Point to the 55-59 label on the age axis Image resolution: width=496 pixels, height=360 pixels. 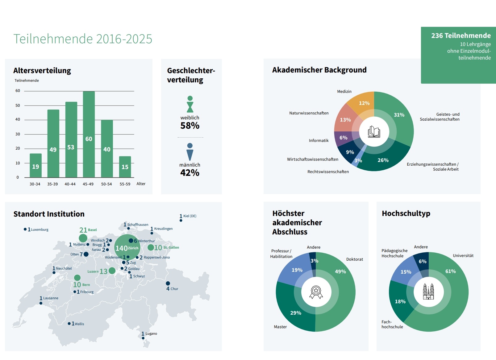pyautogui.click(x=125, y=184)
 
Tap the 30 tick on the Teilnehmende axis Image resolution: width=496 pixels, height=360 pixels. pyautogui.click(x=18, y=134)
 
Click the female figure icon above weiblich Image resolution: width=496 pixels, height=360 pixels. pyautogui.click(x=190, y=104)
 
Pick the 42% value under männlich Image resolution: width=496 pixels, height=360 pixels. pyautogui.click(x=190, y=173)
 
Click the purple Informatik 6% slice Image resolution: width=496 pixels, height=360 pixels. pyautogui.click(x=343, y=138)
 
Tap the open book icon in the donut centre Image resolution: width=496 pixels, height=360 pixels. pyautogui.click(x=374, y=132)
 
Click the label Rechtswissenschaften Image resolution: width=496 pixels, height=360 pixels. pyautogui.click(x=328, y=172)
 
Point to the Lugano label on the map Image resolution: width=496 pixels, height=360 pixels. pyautogui.click(x=151, y=334)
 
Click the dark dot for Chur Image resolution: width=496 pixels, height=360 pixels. pyautogui.click(x=168, y=283)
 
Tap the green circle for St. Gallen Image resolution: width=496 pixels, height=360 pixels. pyautogui.click(x=151, y=247)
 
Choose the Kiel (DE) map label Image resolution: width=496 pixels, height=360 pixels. pyautogui.click(x=190, y=216)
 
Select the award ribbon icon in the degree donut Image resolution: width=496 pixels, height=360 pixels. pyautogui.click(x=316, y=292)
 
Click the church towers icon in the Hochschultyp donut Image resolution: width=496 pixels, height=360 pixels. pyautogui.click(x=428, y=292)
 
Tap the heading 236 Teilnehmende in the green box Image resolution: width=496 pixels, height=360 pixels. pyautogui.click(x=461, y=36)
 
